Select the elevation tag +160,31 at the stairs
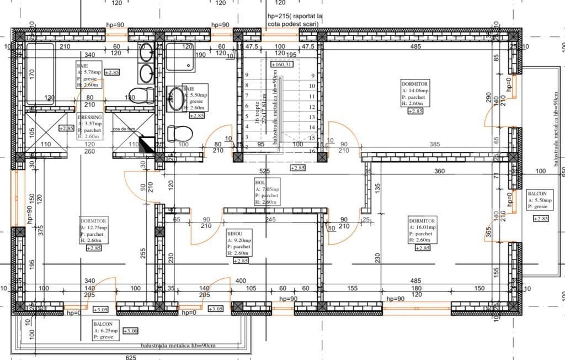(x=281, y=64)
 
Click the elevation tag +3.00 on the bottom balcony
(x=131, y=331)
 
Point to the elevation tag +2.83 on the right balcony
(x=541, y=219)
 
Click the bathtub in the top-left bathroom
(x=40, y=75)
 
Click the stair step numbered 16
(x=312, y=151)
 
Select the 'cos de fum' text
(x=124, y=129)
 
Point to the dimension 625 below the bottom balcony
(x=131, y=357)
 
